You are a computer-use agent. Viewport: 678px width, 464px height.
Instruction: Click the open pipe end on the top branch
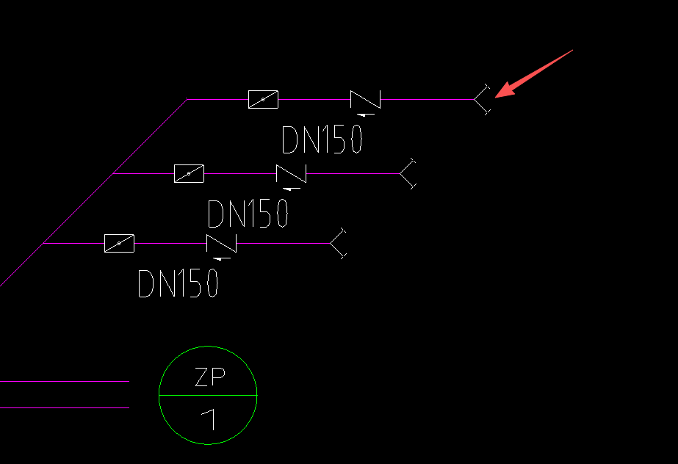coord(481,99)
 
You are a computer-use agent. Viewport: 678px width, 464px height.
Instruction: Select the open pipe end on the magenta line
coord(408,173)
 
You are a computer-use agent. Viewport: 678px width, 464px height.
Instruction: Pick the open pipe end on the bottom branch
coord(337,243)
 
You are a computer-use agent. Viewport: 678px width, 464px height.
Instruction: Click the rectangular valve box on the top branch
coord(263,99)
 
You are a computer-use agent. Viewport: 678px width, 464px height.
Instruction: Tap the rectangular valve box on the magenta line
coord(189,173)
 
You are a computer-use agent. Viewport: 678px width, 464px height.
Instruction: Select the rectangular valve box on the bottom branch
coord(119,243)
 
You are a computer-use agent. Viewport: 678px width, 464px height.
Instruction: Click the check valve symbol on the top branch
coord(365,99)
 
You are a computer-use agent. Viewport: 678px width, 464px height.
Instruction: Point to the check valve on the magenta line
coord(291,173)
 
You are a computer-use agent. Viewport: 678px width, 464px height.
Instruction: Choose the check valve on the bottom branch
coord(221,243)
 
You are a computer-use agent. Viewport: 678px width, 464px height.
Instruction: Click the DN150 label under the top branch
coord(322,139)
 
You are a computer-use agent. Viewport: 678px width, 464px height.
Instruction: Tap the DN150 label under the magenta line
coord(248,214)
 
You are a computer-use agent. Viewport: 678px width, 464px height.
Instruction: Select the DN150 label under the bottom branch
coord(178,283)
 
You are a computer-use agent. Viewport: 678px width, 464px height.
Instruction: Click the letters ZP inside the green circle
coord(209,377)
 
